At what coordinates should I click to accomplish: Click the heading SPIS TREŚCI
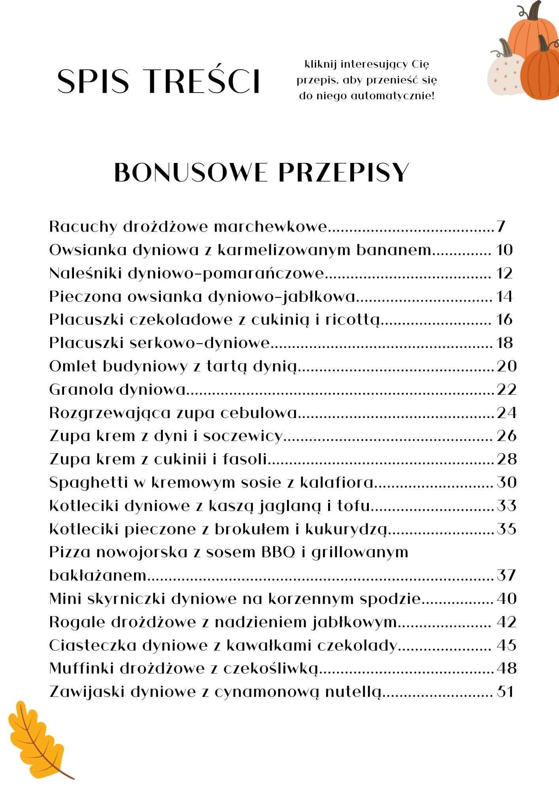click(x=159, y=81)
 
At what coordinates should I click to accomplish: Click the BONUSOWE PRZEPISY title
click(x=261, y=172)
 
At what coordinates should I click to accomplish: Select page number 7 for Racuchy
click(x=501, y=227)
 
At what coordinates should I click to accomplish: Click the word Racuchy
click(x=83, y=227)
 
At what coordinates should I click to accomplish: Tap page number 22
click(x=506, y=390)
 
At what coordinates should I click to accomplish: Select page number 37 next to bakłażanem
click(x=506, y=575)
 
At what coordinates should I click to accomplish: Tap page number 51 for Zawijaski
click(x=505, y=692)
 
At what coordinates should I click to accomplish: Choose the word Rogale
click(x=77, y=622)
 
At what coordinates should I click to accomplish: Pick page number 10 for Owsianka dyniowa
click(x=504, y=250)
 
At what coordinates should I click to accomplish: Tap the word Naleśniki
click(x=85, y=273)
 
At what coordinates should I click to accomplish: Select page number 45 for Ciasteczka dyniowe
click(x=506, y=645)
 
